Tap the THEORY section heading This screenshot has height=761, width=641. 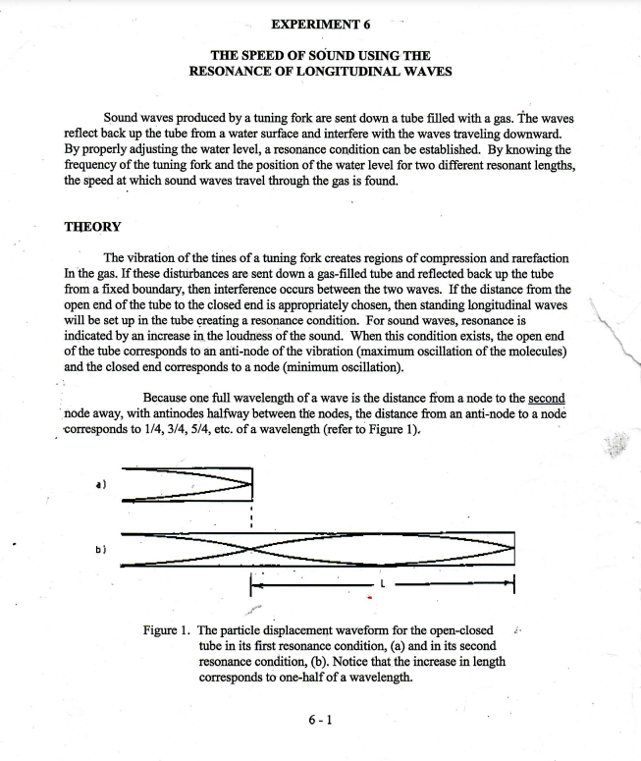coord(92,227)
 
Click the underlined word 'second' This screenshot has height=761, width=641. coord(547,399)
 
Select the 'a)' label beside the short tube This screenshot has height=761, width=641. coord(99,484)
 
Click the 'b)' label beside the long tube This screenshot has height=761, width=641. coord(99,550)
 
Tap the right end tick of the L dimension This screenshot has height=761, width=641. coord(513,585)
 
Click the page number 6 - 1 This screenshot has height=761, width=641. coord(320,720)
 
